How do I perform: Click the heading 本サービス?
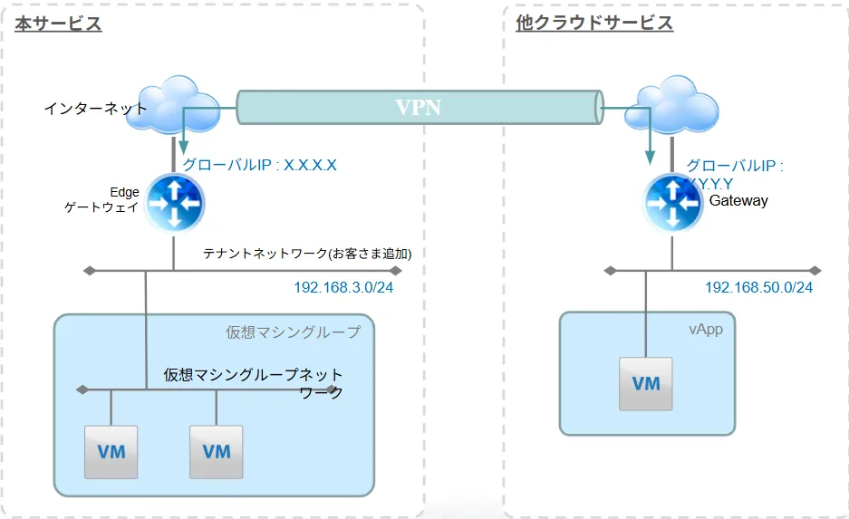(x=58, y=24)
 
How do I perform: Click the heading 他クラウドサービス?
(x=594, y=24)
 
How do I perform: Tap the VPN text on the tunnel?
(x=419, y=107)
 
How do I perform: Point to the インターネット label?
(x=95, y=109)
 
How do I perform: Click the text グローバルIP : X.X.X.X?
(x=260, y=165)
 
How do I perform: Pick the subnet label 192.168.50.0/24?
(x=758, y=287)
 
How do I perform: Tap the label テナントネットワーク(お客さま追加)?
(x=314, y=254)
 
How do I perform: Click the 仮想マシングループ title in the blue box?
(x=293, y=332)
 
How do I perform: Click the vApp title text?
(x=706, y=329)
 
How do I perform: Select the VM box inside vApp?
(x=645, y=384)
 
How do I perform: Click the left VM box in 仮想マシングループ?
(x=111, y=451)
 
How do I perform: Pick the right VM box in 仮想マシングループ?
(x=217, y=451)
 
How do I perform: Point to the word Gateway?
(x=738, y=200)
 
